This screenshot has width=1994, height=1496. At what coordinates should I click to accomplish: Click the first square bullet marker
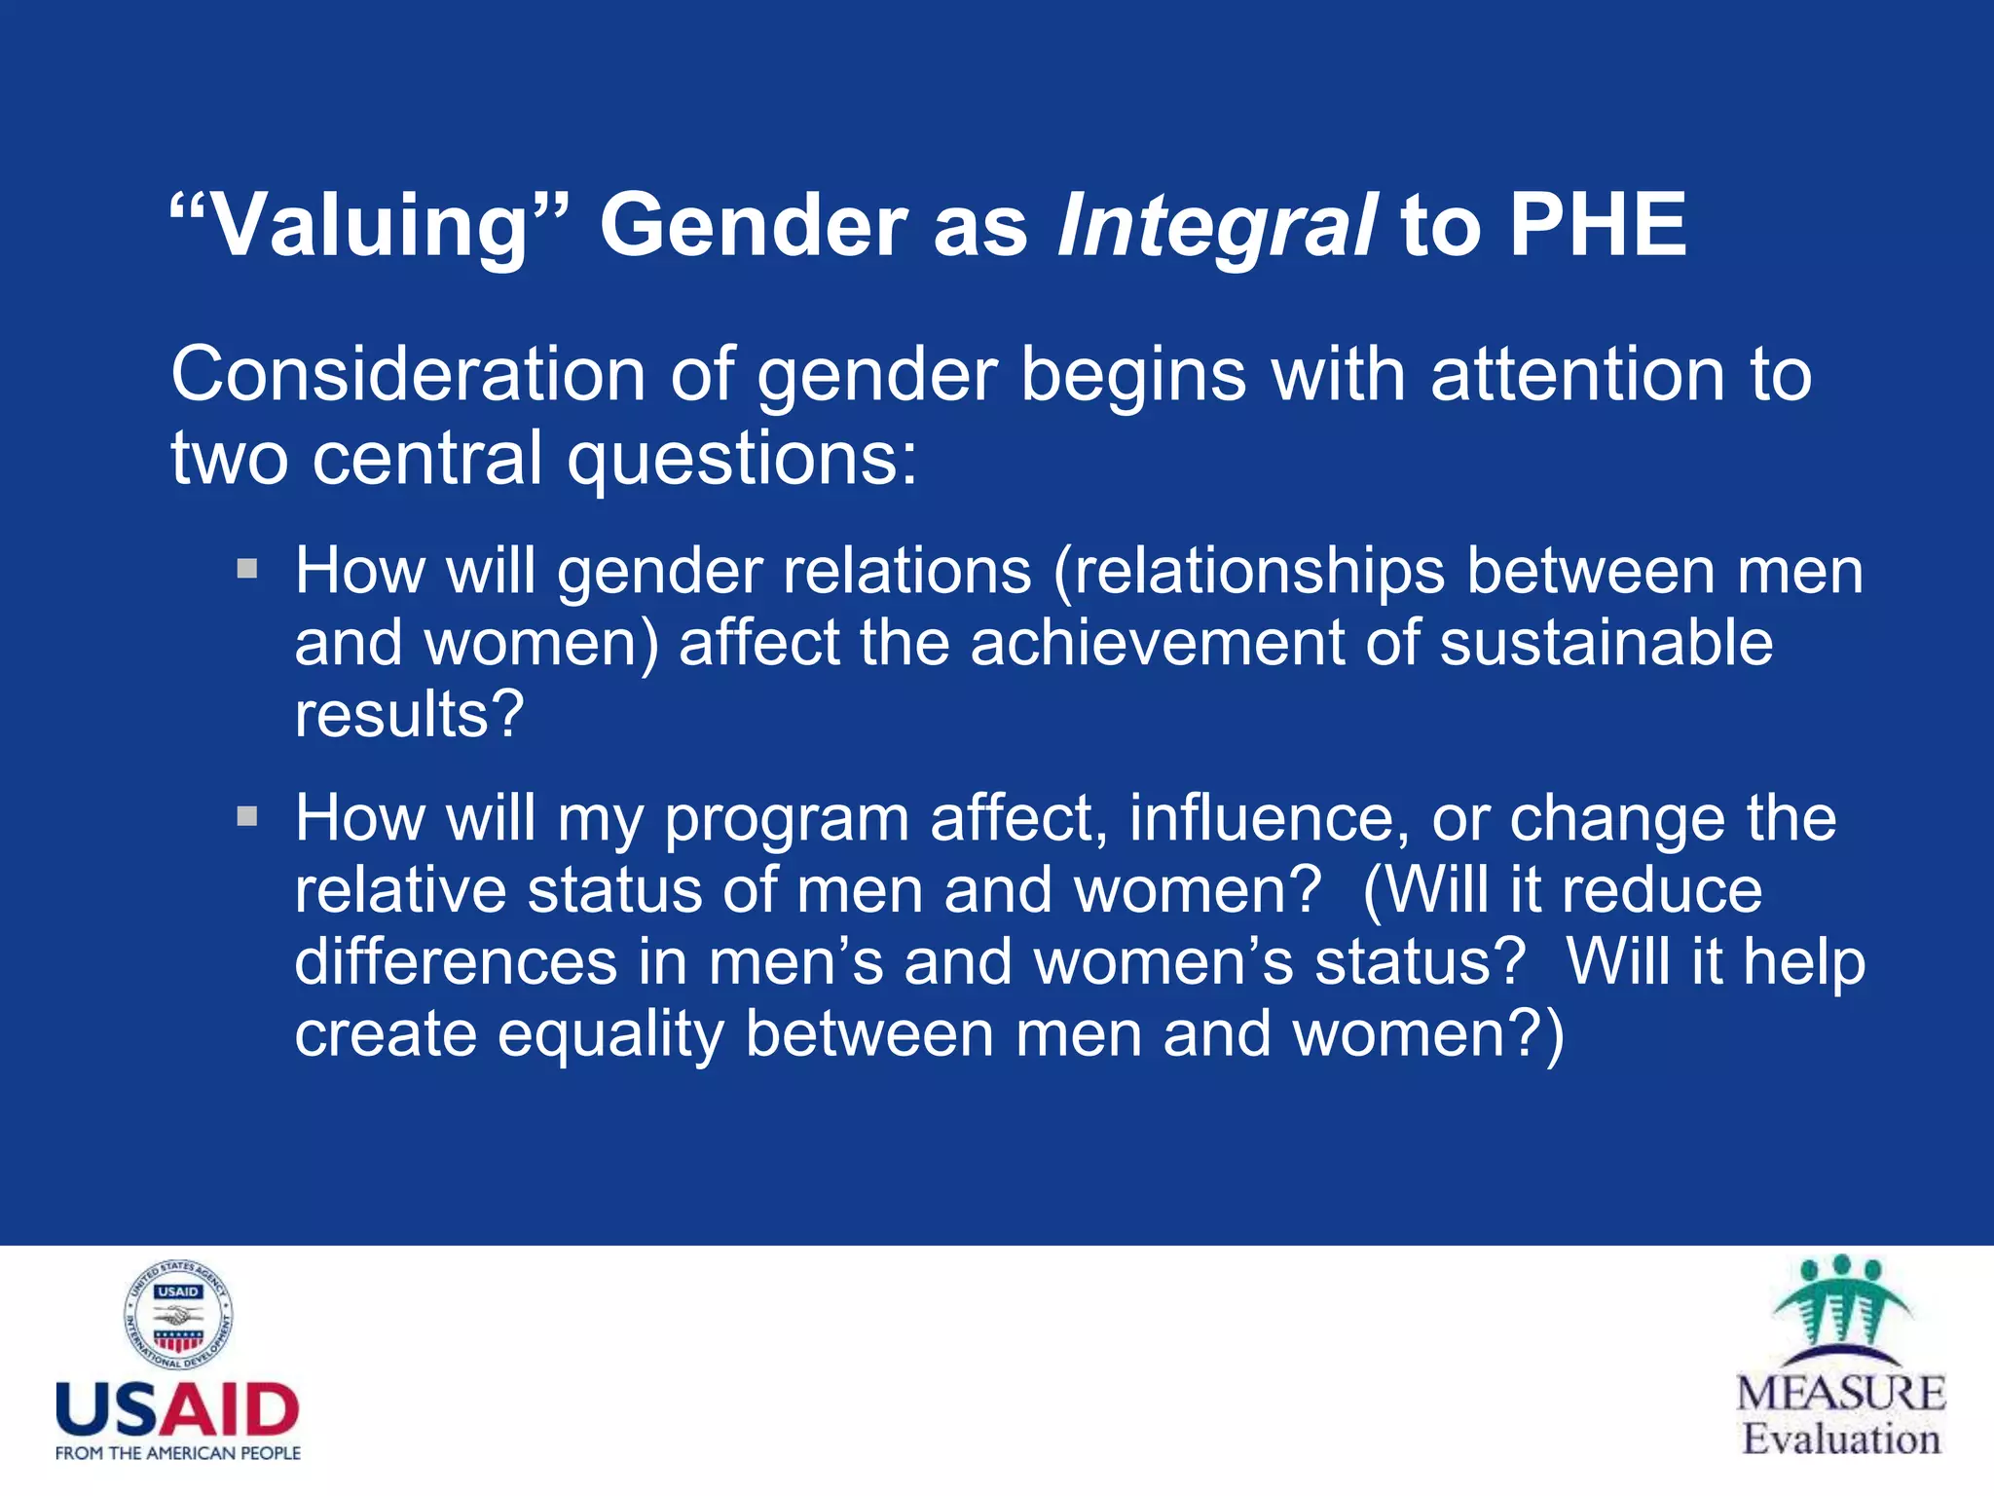pos(247,568)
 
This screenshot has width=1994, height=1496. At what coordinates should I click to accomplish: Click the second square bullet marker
pos(247,815)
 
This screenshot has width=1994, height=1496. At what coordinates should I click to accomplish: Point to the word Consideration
pos(408,375)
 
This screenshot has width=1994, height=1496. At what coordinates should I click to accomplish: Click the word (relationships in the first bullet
pos(1249,571)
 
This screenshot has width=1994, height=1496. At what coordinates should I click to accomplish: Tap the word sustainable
pos(1606,643)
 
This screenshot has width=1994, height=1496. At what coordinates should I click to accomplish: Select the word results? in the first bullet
pos(409,714)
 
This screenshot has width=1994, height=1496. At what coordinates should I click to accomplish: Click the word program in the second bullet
pos(787,819)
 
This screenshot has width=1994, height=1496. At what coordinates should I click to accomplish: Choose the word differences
pos(456,962)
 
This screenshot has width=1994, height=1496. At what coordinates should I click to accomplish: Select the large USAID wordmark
pos(177,1409)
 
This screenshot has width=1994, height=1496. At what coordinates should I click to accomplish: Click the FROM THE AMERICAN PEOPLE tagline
pos(178,1453)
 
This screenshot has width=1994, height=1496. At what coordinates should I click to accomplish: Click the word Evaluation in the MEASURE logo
pos(1841,1439)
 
